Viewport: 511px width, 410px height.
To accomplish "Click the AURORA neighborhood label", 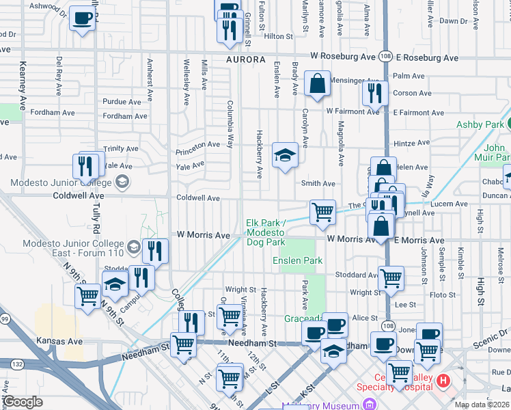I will tap(246, 59).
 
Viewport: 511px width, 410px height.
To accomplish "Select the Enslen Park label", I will tap(297, 260).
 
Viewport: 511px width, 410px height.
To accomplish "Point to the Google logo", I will tap(23, 402).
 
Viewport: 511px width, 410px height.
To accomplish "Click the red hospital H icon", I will tap(443, 380).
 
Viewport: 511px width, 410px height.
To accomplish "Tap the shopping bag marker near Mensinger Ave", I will tap(318, 84).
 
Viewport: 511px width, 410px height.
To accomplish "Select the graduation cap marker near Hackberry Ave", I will tap(285, 155).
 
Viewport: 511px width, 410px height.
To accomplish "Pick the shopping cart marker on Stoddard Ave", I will tap(391, 277).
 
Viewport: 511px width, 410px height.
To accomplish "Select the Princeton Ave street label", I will tap(197, 145).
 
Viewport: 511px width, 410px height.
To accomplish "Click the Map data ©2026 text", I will tap(482, 405).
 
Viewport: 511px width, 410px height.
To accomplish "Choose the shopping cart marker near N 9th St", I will tap(88, 296).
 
